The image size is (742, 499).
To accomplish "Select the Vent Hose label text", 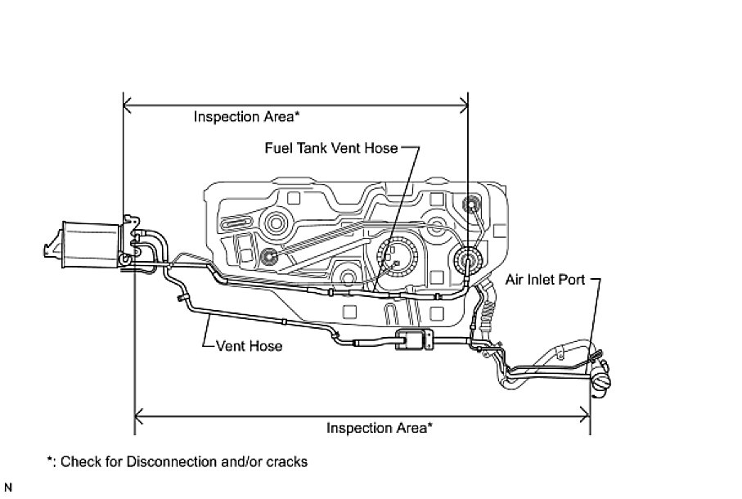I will [250, 346].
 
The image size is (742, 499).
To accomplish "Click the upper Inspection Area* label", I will [244, 116].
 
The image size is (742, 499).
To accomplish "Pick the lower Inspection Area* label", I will [380, 427].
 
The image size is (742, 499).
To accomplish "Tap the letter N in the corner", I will [8, 489].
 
